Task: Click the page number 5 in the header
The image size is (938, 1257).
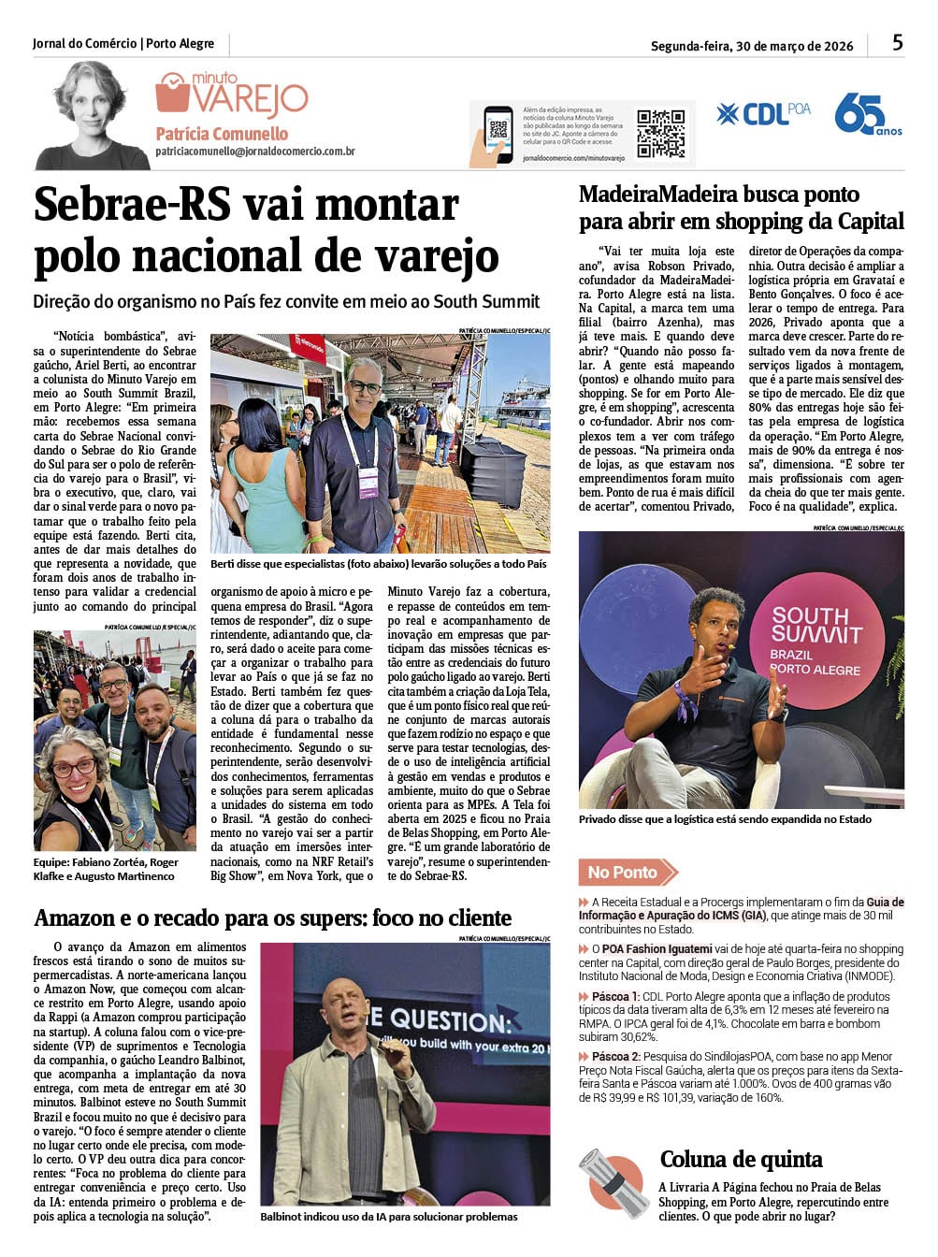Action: pyautogui.click(x=897, y=43)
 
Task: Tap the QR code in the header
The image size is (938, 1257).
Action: pyautogui.click(x=660, y=133)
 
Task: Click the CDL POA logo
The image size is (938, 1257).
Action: pyautogui.click(x=763, y=114)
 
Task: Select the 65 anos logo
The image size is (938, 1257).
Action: pyautogui.click(x=866, y=115)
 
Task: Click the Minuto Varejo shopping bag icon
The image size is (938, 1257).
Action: pyautogui.click(x=172, y=94)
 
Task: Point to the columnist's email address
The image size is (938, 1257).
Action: pyautogui.click(x=254, y=151)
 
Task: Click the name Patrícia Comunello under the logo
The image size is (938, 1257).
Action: pyautogui.click(x=222, y=134)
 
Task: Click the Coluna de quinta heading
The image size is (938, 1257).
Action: pyautogui.click(x=741, y=1160)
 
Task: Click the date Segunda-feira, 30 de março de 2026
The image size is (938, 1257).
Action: pyautogui.click(x=752, y=46)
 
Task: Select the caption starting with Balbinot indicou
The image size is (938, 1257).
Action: pyautogui.click(x=388, y=1217)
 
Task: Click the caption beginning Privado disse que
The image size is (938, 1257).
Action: pyautogui.click(x=725, y=819)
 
